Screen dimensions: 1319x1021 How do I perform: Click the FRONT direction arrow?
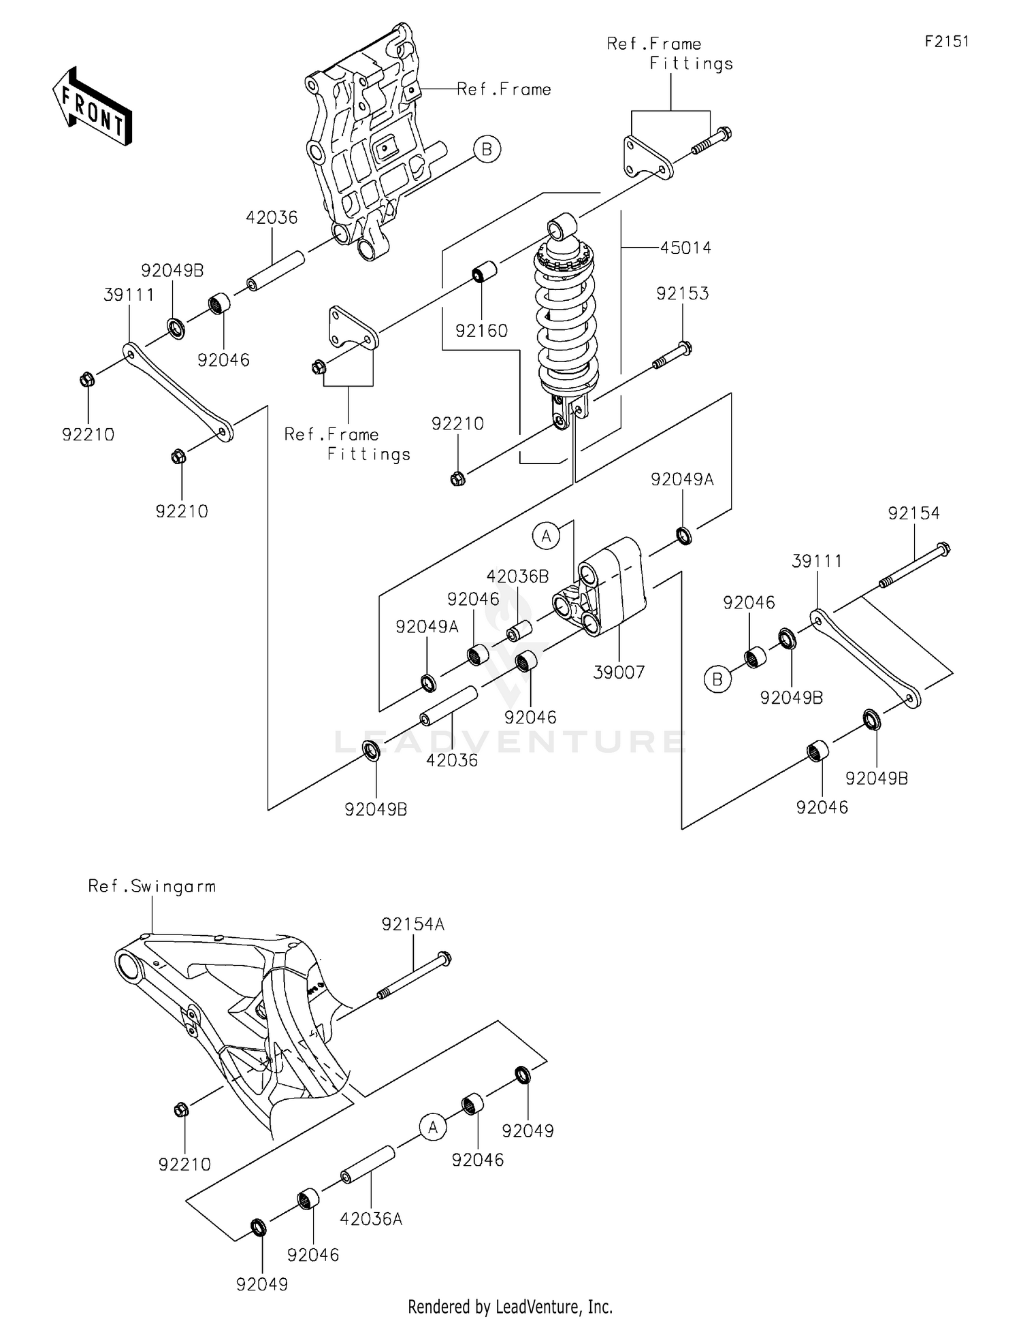coord(92,107)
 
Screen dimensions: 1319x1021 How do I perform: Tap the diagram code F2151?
coord(946,42)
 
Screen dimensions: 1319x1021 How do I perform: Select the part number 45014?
coord(685,248)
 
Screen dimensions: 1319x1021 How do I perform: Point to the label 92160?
coord(481,331)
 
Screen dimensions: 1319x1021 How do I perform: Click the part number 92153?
coord(682,293)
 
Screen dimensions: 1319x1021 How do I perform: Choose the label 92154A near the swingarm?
coord(412,924)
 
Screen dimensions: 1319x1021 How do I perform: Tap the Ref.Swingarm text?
coord(152,886)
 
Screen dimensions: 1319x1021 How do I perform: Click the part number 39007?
coord(619,672)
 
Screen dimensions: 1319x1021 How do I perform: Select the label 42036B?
coord(517,576)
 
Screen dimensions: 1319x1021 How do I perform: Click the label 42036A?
coord(371,1219)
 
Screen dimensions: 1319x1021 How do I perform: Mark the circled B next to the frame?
coord(487,148)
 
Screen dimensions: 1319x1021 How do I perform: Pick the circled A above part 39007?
coord(546,536)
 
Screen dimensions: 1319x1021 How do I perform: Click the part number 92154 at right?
coord(913,513)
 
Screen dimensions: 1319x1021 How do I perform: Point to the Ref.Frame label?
coord(504,89)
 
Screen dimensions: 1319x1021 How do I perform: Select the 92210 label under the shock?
coord(457,424)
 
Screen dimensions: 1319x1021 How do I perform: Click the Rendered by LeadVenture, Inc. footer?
coord(510,1306)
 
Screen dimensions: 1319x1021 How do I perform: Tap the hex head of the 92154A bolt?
coord(444,958)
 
